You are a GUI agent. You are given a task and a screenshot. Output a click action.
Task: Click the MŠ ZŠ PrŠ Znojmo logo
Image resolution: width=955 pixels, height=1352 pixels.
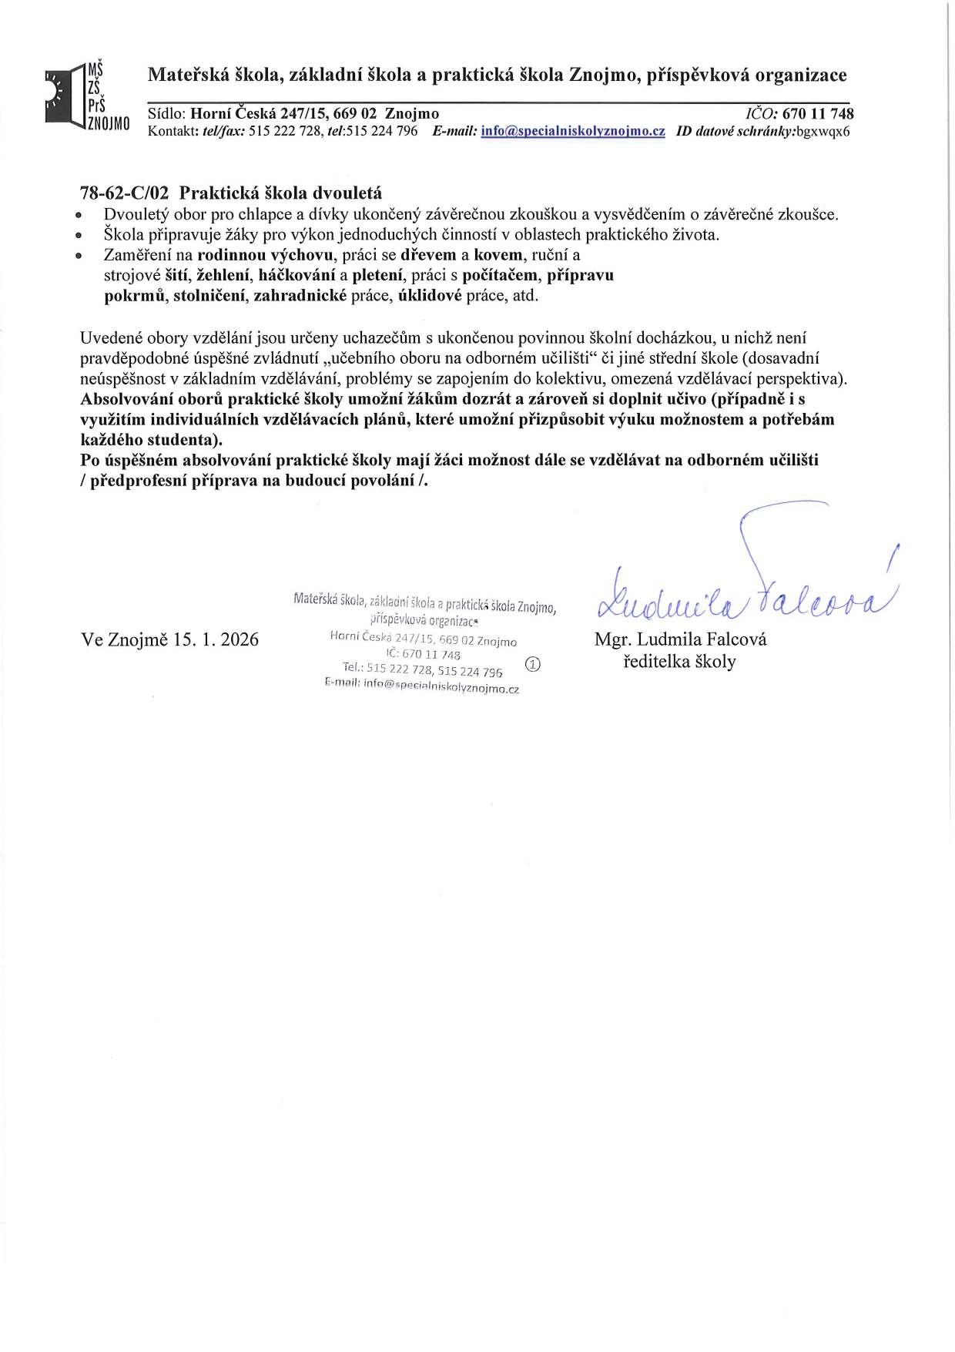coord(86,96)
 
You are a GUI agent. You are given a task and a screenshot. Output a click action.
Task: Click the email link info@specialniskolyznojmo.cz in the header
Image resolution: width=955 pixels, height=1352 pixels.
coord(573,131)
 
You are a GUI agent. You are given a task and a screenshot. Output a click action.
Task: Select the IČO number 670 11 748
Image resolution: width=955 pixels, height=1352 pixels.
coord(818,114)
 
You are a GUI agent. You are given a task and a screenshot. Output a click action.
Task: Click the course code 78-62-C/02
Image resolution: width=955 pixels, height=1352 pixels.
coord(124,193)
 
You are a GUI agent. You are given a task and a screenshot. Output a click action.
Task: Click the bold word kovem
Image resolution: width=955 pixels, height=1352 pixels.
coord(498,255)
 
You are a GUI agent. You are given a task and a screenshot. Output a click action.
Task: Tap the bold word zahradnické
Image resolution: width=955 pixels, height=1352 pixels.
coord(300,295)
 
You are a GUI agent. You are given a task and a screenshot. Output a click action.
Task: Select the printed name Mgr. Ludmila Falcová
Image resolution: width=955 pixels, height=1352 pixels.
coord(680,639)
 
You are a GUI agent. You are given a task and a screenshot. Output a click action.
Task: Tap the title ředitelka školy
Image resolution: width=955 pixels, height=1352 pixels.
coord(679,662)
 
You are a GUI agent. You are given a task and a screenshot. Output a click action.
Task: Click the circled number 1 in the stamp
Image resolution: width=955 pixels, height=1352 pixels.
coord(532,664)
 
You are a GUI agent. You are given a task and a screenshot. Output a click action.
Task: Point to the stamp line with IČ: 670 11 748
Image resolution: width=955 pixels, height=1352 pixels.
coord(424,654)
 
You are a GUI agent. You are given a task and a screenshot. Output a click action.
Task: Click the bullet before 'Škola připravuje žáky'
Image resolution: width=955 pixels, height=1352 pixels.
coord(78,236)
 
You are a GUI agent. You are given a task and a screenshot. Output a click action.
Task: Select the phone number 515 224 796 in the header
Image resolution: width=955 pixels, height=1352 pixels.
coord(382,131)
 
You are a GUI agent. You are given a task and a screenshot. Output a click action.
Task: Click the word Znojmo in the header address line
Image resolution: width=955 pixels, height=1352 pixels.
coord(412,114)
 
